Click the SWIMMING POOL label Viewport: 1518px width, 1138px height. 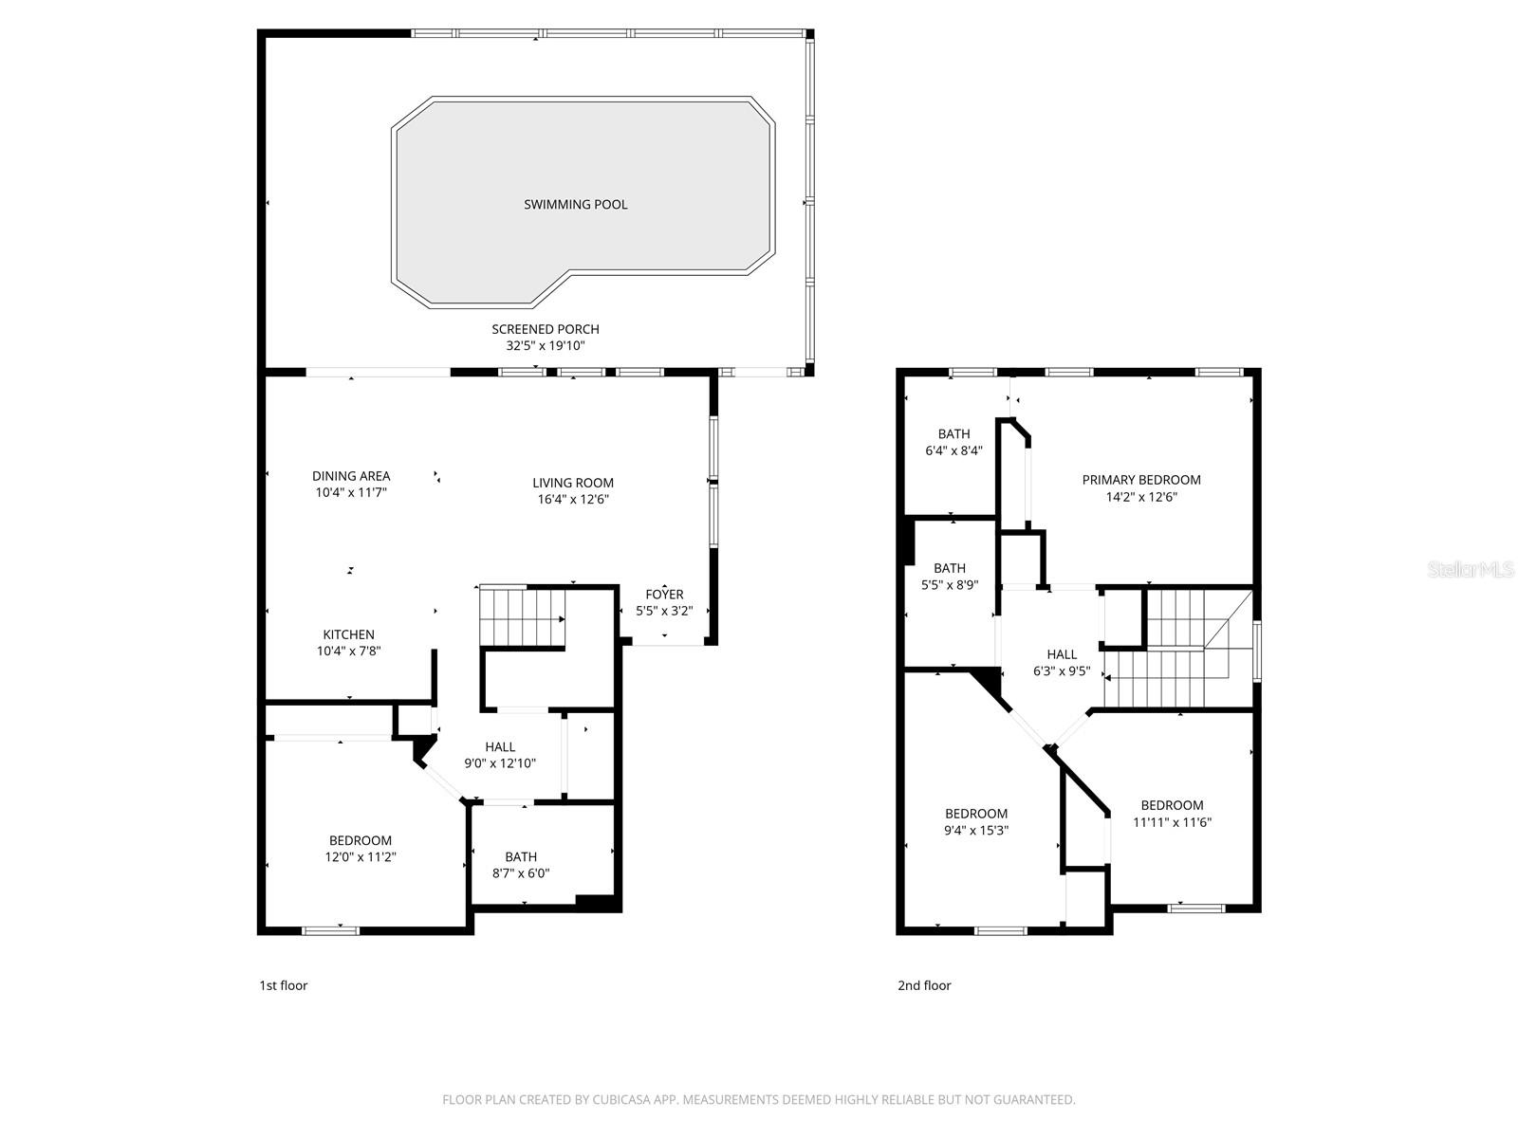pos(575,205)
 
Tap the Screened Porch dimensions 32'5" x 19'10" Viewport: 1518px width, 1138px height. pos(545,345)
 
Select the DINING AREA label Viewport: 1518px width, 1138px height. pos(351,476)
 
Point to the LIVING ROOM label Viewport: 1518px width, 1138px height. pos(573,483)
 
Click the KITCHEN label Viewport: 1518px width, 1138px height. pos(348,634)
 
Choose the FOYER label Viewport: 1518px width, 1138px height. pos(664,595)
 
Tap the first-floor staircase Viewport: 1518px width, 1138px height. pos(522,615)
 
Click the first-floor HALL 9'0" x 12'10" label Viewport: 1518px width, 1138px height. pos(499,755)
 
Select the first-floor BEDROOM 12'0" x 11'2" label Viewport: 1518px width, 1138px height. pos(361,849)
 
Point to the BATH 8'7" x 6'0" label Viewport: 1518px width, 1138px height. pos(521,864)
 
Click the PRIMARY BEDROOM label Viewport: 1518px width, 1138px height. pos(1141,480)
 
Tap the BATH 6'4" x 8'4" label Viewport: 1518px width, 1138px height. pos(953,442)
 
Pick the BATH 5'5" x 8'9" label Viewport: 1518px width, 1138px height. pos(950,577)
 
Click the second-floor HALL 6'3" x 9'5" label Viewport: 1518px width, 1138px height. pos(1062,663)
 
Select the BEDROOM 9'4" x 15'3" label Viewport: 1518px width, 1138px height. pos(976,821)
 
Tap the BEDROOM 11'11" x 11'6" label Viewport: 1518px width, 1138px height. pos(1172,814)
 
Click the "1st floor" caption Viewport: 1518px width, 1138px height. pos(283,985)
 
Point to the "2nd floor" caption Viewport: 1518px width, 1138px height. pos(924,985)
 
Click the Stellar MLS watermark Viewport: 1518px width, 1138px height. pos(1471,569)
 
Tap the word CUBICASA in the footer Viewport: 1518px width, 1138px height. pos(621,1099)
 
